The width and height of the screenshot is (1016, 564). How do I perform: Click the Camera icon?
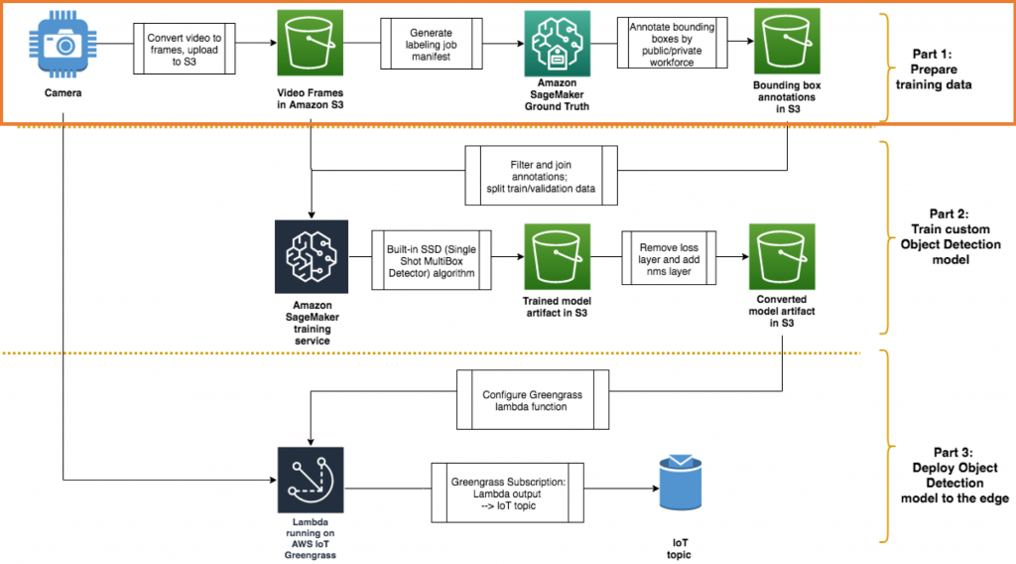63,45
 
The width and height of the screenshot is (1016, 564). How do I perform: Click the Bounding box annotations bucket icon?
787,43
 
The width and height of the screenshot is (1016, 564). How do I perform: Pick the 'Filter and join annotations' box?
541,175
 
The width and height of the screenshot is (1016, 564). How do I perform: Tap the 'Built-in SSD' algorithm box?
432,260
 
